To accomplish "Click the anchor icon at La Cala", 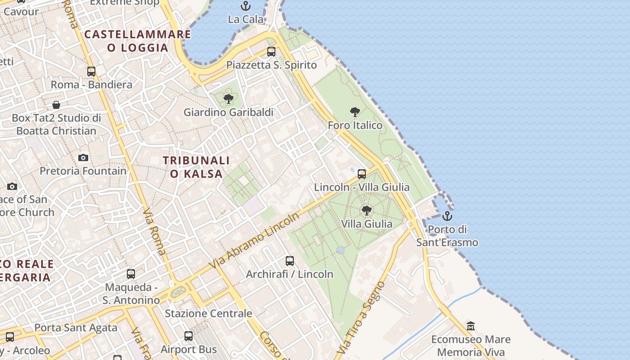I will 245,6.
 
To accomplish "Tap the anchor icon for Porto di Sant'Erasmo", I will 447,216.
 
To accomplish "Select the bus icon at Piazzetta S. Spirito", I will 271,51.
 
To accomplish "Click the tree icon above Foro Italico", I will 355,112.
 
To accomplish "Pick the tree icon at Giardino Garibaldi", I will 229,99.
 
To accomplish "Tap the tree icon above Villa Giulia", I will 367,210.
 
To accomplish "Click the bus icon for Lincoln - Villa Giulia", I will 362,174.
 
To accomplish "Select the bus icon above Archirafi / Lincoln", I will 290,261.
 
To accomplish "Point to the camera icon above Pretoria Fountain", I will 83,157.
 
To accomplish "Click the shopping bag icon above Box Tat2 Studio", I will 56,105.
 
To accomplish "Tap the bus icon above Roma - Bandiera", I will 91,71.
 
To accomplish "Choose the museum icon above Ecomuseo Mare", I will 471,326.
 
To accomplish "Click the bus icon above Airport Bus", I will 189,336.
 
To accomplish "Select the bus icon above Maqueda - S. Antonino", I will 131,274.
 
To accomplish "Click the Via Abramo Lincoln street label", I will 254,241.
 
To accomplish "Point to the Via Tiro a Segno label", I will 361,317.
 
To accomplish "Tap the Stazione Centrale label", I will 208,313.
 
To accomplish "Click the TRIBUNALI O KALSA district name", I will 196,167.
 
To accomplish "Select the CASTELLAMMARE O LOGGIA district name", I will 138,41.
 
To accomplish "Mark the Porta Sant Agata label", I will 76,328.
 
